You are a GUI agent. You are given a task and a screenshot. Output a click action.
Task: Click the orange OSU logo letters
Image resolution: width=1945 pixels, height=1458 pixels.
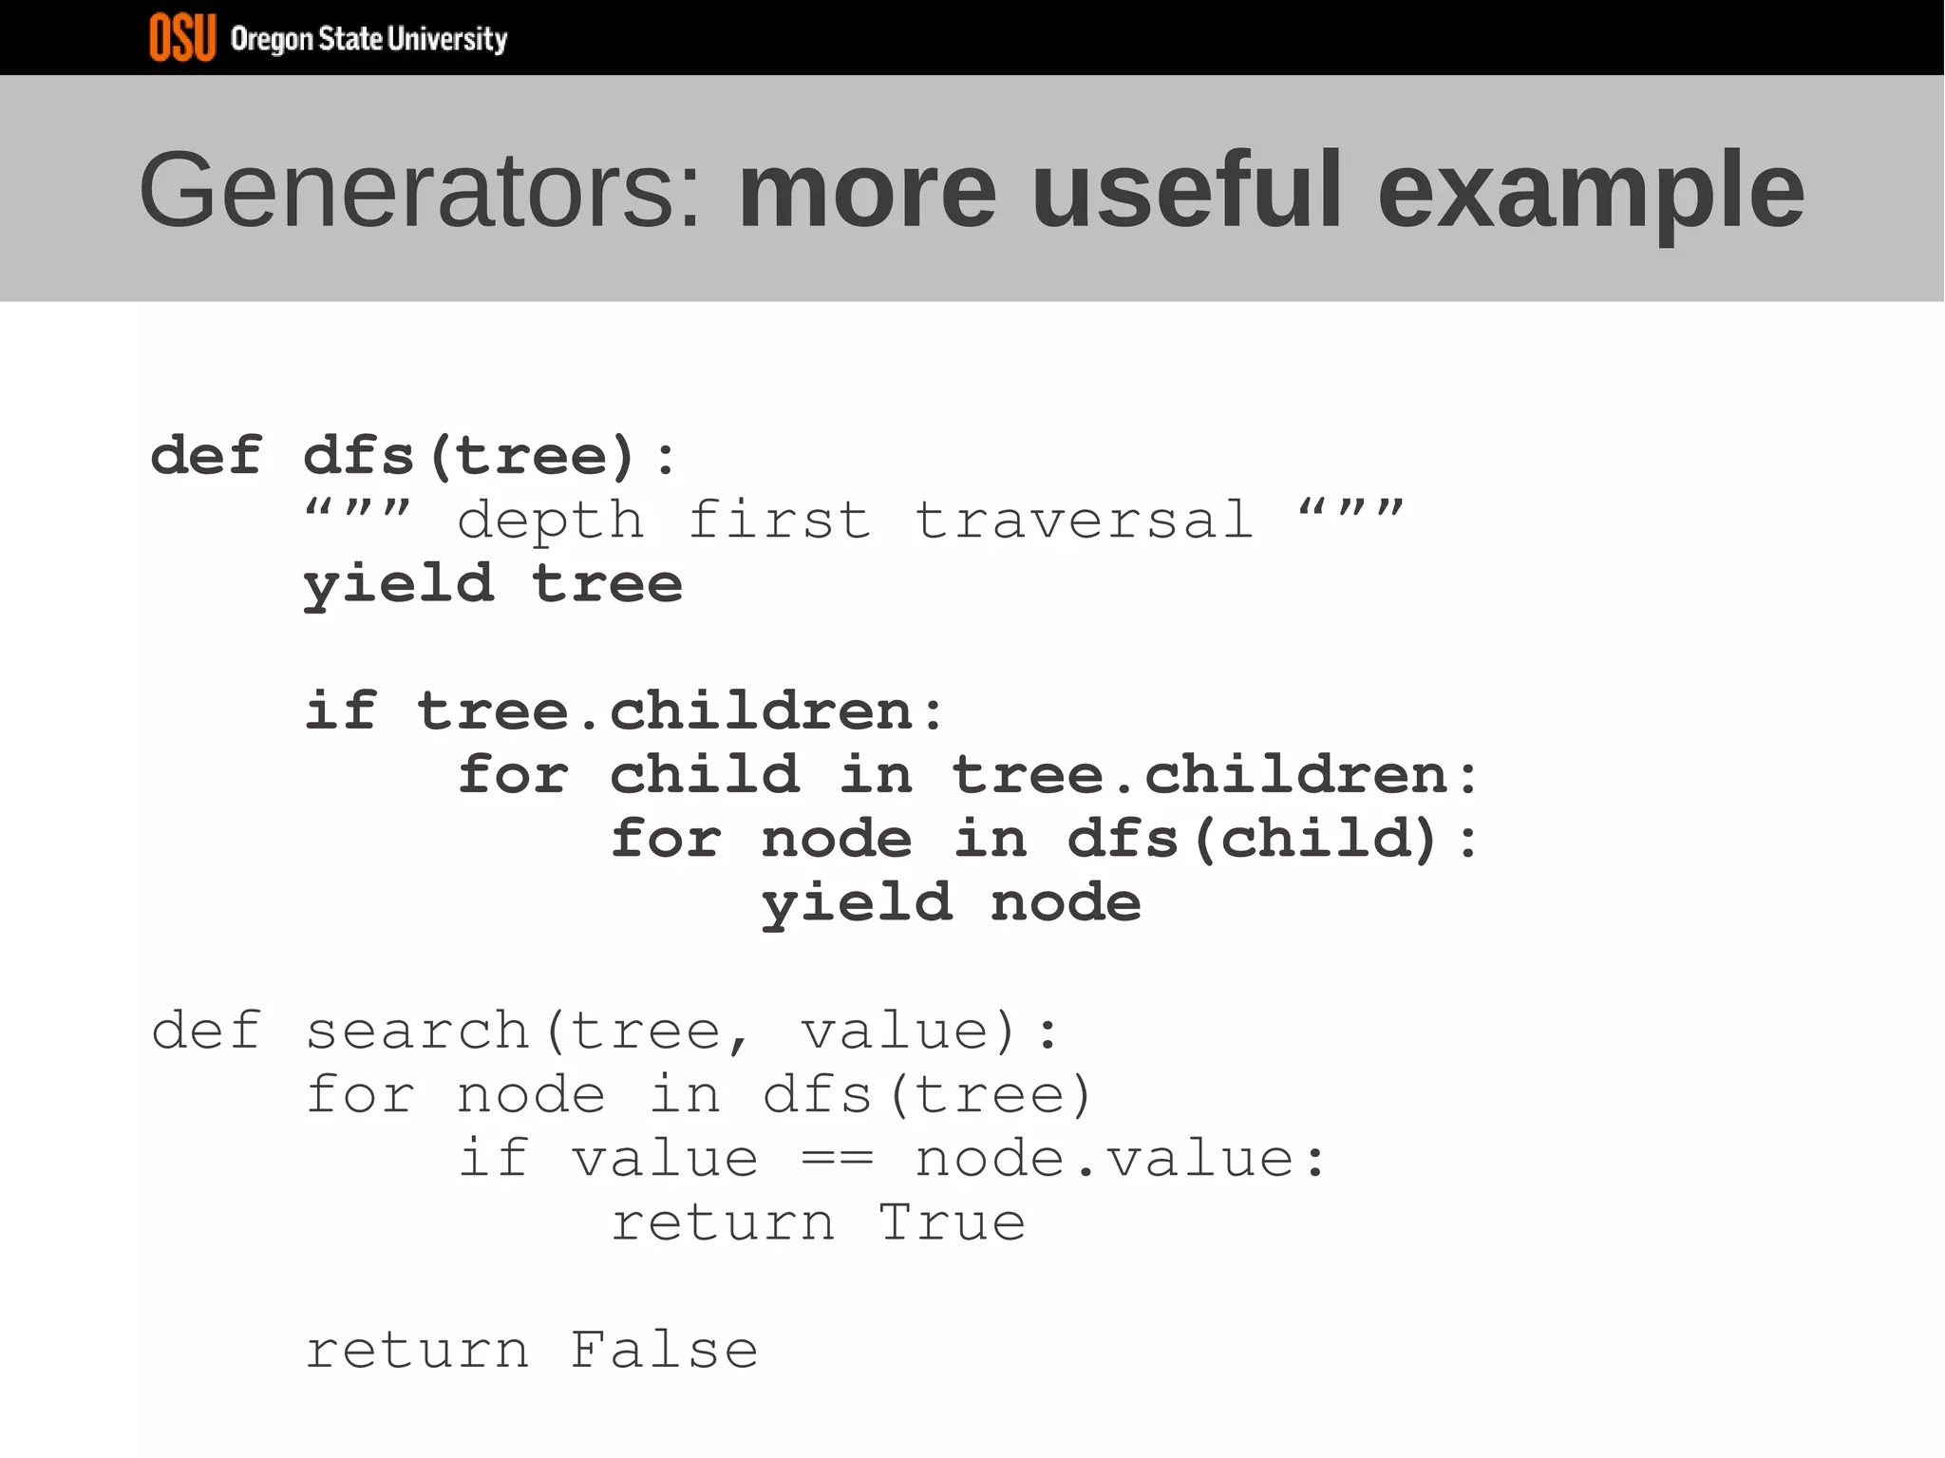[182, 38]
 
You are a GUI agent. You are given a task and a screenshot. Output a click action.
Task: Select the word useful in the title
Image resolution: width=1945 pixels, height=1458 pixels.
[1187, 191]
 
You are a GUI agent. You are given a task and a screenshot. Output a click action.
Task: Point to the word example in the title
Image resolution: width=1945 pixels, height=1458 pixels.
[1591, 193]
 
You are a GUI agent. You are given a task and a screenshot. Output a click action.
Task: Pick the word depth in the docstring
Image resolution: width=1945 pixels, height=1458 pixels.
[550, 521]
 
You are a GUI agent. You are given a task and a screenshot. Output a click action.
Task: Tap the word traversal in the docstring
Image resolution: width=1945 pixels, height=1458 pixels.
[1084, 521]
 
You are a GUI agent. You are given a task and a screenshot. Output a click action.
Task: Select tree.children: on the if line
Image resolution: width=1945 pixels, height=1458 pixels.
[682, 711]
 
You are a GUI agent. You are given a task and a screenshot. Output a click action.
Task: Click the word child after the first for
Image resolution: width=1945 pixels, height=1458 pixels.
[704, 775]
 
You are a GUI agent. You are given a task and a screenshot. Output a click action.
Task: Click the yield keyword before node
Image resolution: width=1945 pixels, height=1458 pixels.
[857, 903]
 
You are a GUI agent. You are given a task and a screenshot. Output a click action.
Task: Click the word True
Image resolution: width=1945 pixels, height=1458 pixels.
[952, 1222]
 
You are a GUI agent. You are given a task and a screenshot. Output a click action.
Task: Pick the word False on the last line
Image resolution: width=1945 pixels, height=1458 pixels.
[664, 1351]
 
